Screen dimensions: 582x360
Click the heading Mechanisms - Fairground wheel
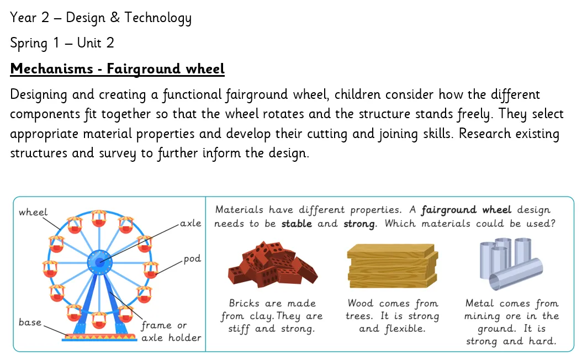[x=117, y=69]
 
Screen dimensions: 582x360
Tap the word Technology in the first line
[x=158, y=18]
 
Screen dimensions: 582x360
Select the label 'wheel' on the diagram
[x=33, y=212]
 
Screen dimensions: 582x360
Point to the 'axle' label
[x=191, y=224]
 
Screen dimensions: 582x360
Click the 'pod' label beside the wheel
[x=192, y=258]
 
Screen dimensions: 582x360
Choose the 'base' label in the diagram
[x=30, y=322]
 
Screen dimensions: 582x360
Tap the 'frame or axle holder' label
[x=171, y=331]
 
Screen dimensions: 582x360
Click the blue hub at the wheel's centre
[x=99, y=262]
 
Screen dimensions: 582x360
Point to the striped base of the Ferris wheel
[x=99, y=337]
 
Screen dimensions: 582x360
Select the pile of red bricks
[x=273, y=264]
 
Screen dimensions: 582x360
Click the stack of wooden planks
[x=393, y=266]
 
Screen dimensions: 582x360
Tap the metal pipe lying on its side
[x=516, y=274]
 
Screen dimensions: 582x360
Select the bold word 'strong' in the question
[x=359, y=224]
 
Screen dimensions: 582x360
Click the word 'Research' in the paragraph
[x=485, y=134]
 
